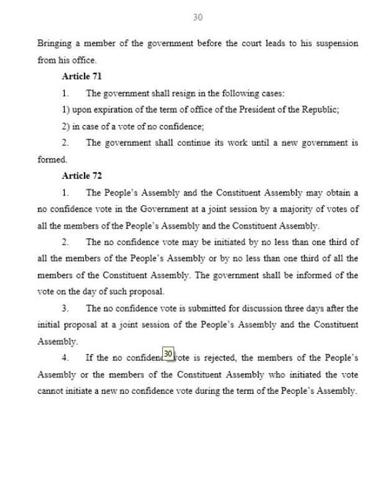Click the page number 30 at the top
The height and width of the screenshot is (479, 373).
(x=198, y=17)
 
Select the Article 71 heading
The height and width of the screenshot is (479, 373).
(x=81, y=77)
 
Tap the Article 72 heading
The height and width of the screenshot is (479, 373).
(x=81, y=176)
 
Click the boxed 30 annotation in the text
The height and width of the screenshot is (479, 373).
(x=168, y=354)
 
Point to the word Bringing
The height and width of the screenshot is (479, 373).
(x=55, y=44)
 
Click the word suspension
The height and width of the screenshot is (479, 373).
(x=336, y=44)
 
